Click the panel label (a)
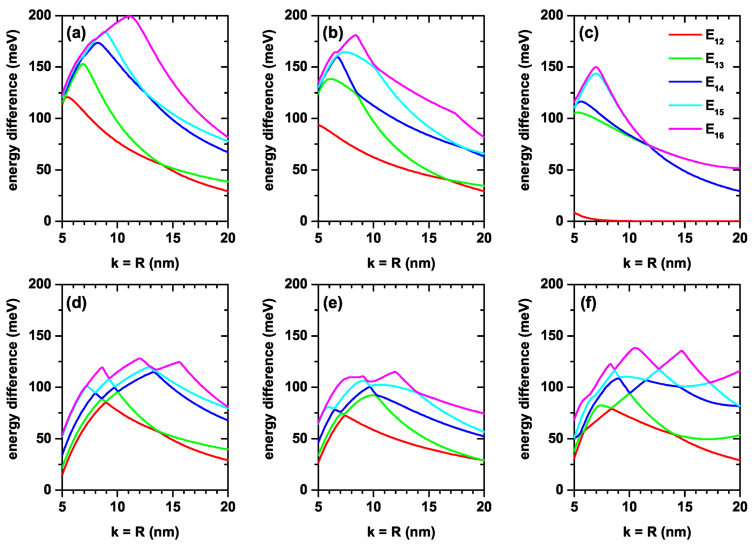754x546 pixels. point(76,33)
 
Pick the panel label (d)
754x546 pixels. point(76,303)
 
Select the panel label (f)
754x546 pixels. point(588,303)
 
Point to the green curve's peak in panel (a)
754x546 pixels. point(83,64)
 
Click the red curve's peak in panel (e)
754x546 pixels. point(345,415)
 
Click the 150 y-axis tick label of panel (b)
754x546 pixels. point(296,67)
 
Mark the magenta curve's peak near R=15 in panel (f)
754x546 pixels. point(682,350)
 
